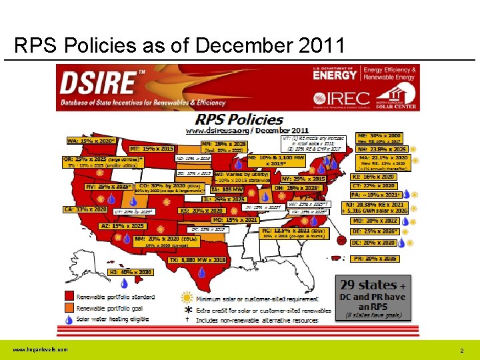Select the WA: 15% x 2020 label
(91, 141)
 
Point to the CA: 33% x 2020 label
(85, 209)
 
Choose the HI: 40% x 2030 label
(132, 272)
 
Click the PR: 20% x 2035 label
(375, 258)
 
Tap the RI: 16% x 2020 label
(375, 177)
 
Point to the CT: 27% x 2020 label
(375, 186)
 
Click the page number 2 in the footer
(461, 351)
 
